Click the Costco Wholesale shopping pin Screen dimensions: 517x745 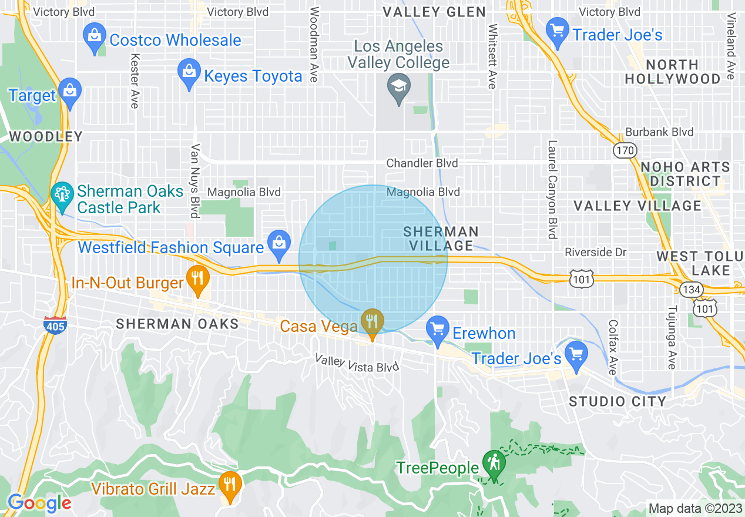[x=95, y=37]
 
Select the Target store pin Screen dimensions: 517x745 [x=70, y=92]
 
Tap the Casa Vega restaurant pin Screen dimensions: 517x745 [x=372, y=323]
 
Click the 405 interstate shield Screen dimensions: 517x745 [x=55, y=325]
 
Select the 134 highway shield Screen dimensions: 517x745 [x=690, y=288]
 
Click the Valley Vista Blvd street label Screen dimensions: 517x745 [x=357, y=362]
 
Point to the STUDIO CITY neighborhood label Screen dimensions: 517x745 [x=618, y=402]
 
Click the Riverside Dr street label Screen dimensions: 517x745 [x=596, y=253]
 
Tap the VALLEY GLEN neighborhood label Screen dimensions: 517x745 [x=434, y=12]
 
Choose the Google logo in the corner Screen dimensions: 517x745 [x=39, y=503]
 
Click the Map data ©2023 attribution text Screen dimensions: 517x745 [x=694, y=508]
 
